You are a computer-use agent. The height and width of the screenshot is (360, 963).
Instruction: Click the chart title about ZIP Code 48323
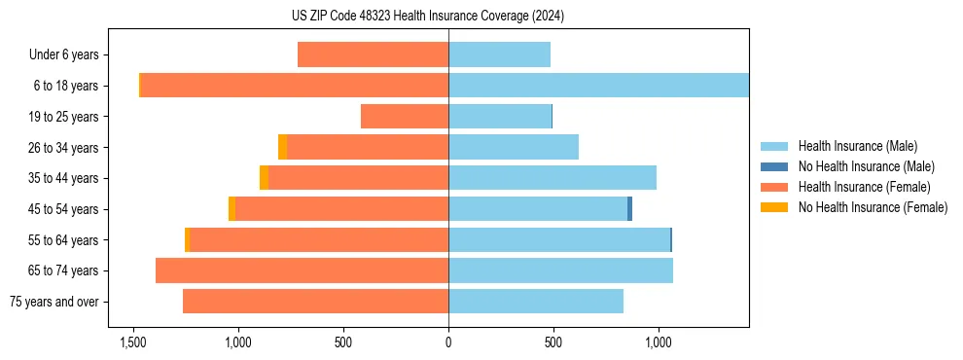point(481,16)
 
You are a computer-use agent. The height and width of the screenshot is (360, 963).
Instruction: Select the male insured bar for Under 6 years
point(499,54)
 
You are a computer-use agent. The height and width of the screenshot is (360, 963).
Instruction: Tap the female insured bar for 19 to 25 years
point(405,117)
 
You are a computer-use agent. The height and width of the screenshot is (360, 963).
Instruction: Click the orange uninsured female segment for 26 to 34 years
point(282,147)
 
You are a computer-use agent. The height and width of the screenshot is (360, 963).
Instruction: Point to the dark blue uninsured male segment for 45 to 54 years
point(629,209)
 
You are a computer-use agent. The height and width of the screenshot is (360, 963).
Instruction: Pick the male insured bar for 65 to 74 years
point(560,270)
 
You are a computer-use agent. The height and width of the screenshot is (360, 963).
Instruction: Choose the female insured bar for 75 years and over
point(315,302)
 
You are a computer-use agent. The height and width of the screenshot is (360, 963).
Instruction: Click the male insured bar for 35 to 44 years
point(552,178)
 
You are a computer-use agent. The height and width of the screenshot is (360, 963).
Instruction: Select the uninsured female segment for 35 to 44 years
point(264,178)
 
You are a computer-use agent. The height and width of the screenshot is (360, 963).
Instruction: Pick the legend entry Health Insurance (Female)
point(857,187)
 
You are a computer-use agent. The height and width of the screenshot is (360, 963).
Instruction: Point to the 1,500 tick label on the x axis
point(132,342)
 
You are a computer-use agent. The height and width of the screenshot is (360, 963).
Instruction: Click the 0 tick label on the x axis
point(448,342)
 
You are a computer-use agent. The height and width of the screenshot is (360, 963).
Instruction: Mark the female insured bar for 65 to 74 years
point(302,270)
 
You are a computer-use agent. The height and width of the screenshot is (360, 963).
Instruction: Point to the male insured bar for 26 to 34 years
point(513,147)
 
